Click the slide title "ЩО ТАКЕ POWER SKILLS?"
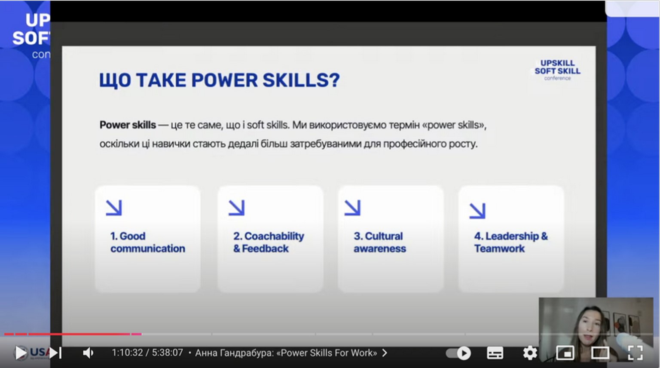[x=220, y=80]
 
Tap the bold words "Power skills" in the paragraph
[x=128, y=125]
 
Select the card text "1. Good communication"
[x=148, y=242]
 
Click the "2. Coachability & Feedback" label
[x=269, y=242]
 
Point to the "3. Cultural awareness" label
[x=380, y=242]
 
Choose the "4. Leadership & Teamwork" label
[x=511, y=242]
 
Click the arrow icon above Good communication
[x=114, y=208]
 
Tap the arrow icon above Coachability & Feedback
[x=237, y=208]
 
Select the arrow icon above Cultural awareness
[x=352, y=208]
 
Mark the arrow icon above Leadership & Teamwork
[x=477, y=211]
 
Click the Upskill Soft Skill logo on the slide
[x=557, y=70]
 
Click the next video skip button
[x=55, y=353]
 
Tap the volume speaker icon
[x=88, y=353]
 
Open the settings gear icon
[x=530, y=353]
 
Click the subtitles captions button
[x=495, y=353]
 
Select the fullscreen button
[x=635, y=353]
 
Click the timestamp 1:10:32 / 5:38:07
[x=147, y=353]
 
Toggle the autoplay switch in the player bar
[x=458, y=353]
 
